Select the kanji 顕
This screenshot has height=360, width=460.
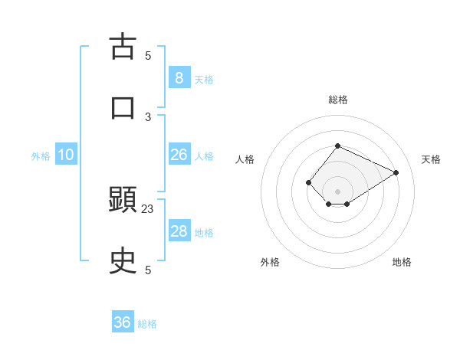tap(123, 201)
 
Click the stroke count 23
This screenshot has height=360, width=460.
tap(148, 208)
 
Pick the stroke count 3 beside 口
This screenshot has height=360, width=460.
tap(148, 116)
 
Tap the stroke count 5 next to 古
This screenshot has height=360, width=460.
tap(148, 55)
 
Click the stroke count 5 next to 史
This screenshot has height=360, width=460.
tap(148, 270)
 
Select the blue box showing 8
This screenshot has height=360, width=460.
tap(179, 77)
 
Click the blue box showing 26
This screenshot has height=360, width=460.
tap(179, 155)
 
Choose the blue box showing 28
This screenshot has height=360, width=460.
tap(179, 231)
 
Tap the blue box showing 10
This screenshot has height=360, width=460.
tap(66, 155)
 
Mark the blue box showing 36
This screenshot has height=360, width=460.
tap(123, 322)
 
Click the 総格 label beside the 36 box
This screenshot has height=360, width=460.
tap(147, 324)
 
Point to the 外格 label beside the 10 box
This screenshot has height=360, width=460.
tap(41, 156)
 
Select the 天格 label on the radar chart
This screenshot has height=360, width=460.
tap(431, 159)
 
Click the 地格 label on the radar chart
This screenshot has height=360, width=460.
tap(402, 262)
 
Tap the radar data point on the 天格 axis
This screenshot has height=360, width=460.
tap(396, 172)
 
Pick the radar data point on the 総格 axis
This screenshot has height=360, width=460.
tap(337, 146)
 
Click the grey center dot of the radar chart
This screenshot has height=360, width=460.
tap(337, 191)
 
